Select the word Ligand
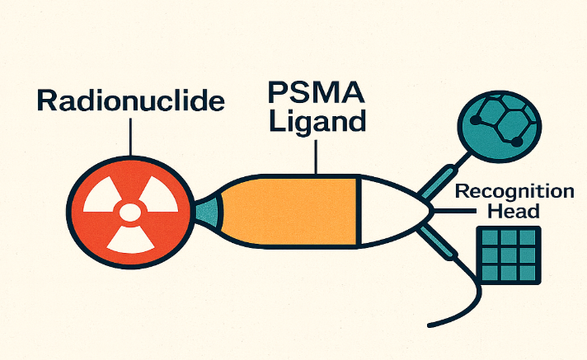click(316, 121)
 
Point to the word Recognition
click(514, 192)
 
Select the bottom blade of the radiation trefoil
click(129, 240)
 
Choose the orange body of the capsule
click(289, 211)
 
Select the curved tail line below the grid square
click(462, 309)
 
